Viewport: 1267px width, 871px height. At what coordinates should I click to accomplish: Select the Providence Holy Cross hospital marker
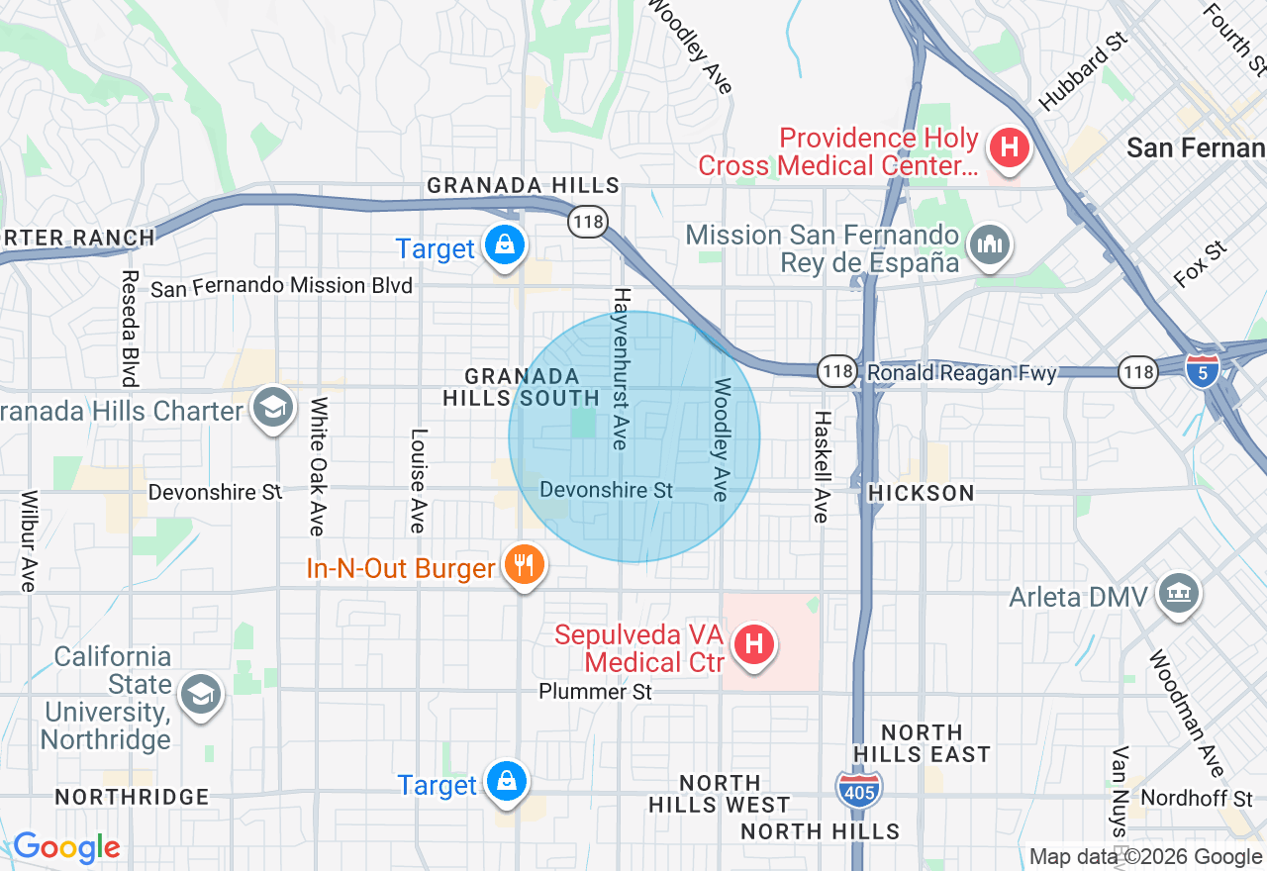1009,149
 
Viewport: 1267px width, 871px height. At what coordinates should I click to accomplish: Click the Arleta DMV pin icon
1178,594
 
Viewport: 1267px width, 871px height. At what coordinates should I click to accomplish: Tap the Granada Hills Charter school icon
272,408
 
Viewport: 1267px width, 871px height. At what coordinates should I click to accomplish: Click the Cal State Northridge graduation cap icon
202,694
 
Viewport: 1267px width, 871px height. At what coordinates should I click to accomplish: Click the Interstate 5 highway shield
1202,371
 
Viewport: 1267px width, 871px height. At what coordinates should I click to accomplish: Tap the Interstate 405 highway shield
858,788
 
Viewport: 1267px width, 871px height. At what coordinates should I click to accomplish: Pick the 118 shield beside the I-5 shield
1138,372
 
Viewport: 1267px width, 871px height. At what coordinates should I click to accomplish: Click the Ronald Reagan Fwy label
961,373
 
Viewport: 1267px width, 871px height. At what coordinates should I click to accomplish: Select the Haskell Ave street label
821,466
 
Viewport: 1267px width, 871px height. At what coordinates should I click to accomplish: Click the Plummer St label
595,692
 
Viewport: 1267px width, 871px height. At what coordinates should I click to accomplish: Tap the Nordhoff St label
1196,798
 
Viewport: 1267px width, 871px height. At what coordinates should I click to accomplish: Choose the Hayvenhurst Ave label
622,368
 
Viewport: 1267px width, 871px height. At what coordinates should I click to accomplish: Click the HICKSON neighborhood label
922,493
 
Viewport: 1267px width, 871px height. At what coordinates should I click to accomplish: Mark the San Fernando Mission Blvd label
281,287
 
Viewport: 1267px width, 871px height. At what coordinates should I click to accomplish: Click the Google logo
66,848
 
